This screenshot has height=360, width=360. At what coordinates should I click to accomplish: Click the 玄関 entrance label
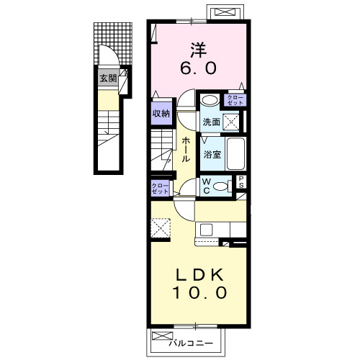click(108, 78)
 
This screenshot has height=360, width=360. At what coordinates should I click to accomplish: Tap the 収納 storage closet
click(161, 113)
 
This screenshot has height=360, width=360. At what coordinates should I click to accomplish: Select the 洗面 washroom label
click(212, 122)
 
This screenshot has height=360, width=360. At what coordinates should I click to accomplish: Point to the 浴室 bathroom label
click(212, 154)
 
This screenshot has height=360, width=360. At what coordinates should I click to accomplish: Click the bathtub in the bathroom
click(236, 153)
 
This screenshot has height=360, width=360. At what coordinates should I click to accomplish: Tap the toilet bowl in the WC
click(220, 186)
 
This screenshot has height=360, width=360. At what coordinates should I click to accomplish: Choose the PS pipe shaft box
click(241, 182)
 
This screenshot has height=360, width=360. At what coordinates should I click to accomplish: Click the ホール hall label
click(186, 150)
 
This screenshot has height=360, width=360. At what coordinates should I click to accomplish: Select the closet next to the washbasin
click(235, 100)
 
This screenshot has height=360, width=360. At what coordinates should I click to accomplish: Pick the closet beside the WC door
click(160, 189)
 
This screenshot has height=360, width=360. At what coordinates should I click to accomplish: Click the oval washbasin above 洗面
click(210, 100)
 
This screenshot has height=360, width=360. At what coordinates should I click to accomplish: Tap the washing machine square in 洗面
click(231, 122)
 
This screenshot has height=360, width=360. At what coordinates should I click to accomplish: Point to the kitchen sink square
click(207, 230)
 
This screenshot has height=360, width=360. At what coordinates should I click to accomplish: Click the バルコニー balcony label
click(191, 343)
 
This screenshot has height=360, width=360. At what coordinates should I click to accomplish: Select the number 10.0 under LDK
click(199, 292)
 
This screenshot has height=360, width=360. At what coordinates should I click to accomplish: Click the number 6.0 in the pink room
click(198, 68)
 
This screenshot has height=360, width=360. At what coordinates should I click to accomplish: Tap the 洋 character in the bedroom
click(199, 50)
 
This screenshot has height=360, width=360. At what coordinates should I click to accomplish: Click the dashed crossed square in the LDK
click(161, 228)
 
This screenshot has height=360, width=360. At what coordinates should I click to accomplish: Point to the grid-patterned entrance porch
click(113, 43)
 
